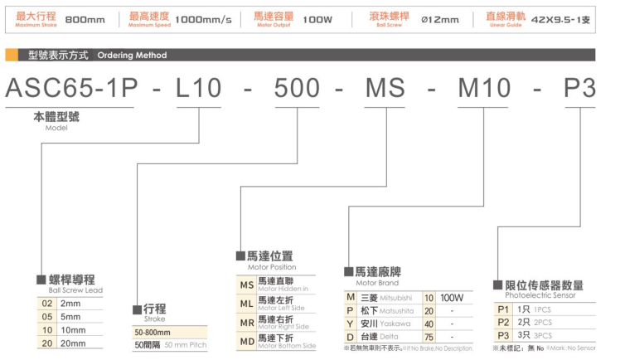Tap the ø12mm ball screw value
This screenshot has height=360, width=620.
pos(440,18)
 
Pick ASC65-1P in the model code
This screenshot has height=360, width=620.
pos(70,89)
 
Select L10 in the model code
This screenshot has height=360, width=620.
pos(200,89)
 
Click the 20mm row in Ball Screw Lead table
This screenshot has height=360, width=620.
pos(71,343)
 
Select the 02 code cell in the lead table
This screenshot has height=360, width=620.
pos(47,304)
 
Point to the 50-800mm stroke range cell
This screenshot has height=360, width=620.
pos(153,332)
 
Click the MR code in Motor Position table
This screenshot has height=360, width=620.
pos(246,323)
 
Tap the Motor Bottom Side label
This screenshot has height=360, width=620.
pos(286,345)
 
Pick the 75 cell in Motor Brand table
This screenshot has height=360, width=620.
pos(429,337)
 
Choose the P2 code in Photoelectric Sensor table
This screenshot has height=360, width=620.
pos(501,322)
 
